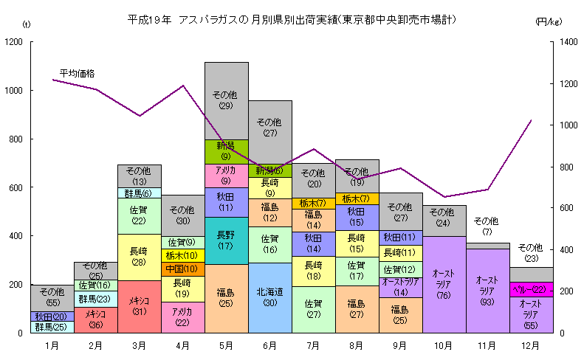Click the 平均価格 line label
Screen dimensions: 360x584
(77, 74)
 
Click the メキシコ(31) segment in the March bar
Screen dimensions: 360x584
(140, 306)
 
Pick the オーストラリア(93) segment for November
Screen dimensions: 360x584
(487, 291)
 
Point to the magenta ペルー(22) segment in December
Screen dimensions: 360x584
(531, 289)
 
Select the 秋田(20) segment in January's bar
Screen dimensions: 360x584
(52, 316)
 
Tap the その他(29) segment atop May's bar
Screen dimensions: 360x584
(227, 100)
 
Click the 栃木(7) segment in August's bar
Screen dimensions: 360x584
(357, 198)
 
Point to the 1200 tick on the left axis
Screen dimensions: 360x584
(14, 42)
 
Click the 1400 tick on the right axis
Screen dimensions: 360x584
(567, 42)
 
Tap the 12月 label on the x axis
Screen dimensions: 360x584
(531, 345)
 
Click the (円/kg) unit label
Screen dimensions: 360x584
(547, 23)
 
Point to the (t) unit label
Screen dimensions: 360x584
(27, 25)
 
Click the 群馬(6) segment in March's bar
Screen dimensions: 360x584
(140, 193)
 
